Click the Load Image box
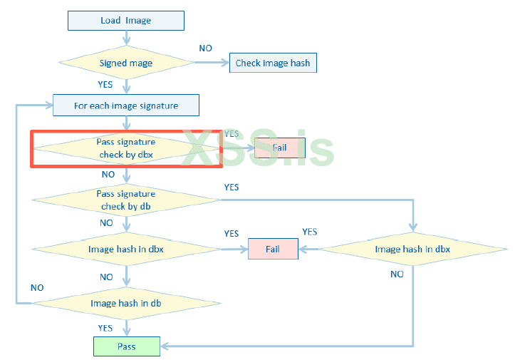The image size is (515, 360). click(125, 20)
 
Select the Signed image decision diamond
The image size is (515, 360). click(125, 63)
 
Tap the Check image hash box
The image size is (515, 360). click(272, 63)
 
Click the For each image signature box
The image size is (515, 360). click(125, 106)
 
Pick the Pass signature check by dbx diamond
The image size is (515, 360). click(125, 148)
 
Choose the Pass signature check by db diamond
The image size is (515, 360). click(127, 200)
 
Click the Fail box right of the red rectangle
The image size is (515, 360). click(280, 148)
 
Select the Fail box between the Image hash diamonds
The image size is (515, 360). click(272, 249)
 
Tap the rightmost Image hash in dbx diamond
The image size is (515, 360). click(412, 249)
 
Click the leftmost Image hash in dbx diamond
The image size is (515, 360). click(126, 250)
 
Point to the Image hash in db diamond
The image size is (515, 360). click(126, 304)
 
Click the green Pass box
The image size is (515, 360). click(126, 346)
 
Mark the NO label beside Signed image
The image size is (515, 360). click(205, 48)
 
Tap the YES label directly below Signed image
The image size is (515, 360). click(105, 84)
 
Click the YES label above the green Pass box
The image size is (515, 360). click(105, 328)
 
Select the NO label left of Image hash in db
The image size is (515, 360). click(37, 287)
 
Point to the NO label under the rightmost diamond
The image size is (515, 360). click(397, 274)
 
